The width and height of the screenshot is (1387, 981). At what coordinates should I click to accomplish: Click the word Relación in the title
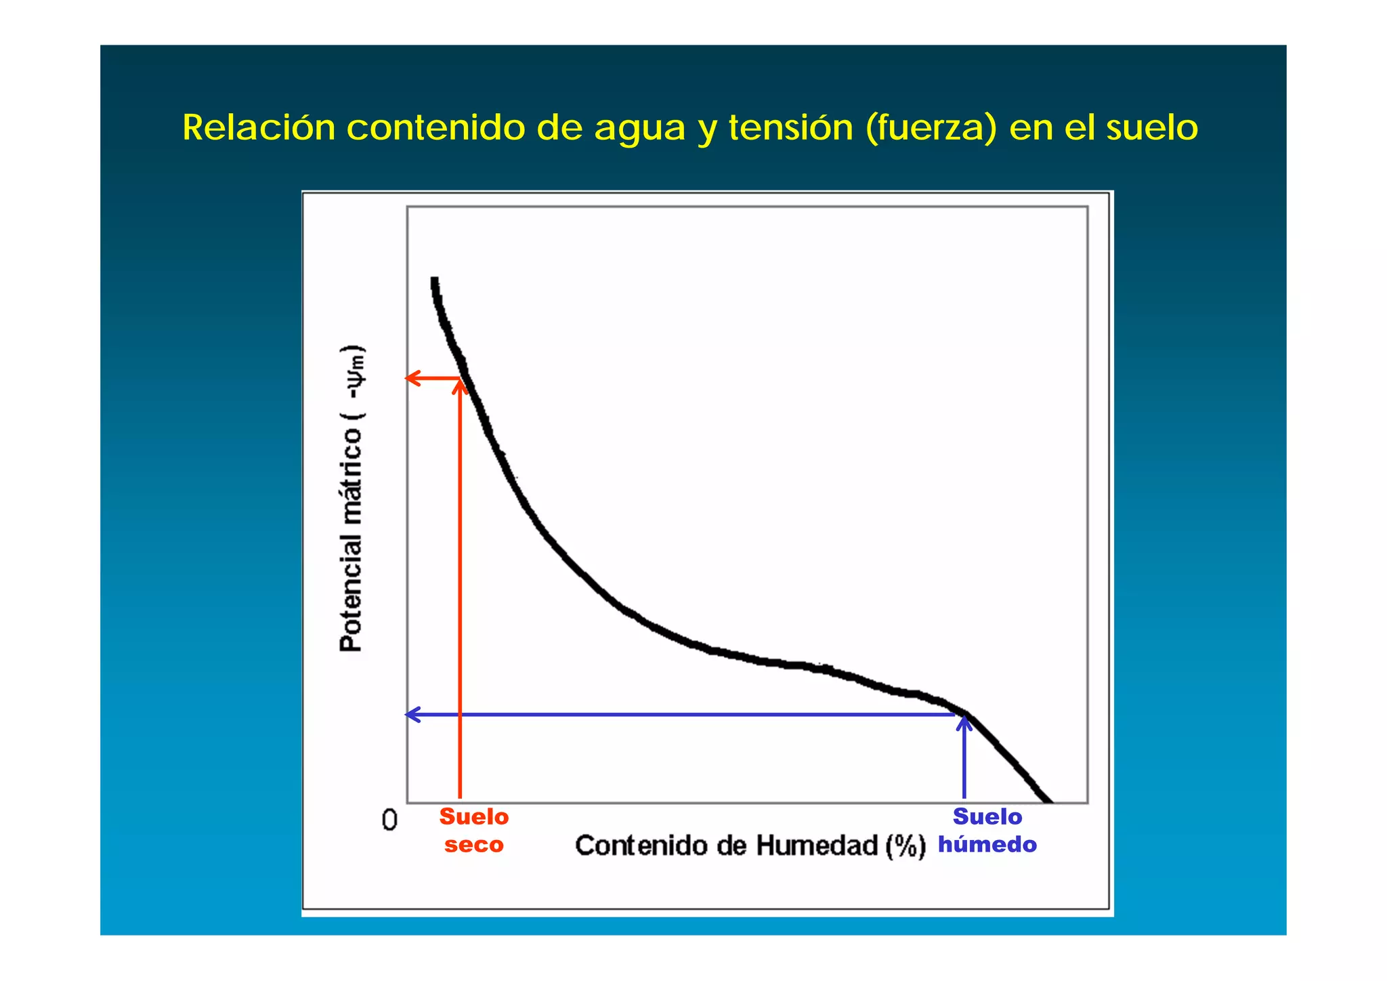tap(259, 127)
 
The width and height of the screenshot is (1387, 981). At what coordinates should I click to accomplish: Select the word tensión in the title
tap(790, 127)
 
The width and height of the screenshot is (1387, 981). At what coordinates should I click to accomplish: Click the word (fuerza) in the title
tap(931, 128)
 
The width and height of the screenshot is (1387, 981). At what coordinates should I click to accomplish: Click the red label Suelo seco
tap(474, 831)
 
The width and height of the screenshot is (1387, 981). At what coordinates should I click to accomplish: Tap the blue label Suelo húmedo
tap(987, 831)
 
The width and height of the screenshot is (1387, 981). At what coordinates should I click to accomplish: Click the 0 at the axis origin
tap(389, 820)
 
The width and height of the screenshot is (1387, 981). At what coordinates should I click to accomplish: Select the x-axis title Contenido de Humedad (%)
tap(750, 846)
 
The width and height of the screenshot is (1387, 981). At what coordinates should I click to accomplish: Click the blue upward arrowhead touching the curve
tap(964, 723)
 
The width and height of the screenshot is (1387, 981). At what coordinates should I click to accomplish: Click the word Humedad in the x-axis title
tap(816, 846)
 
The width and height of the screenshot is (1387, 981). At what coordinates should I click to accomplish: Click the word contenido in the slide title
tap(435, 127)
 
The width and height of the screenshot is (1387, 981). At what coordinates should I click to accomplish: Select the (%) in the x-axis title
tap(905, 846)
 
